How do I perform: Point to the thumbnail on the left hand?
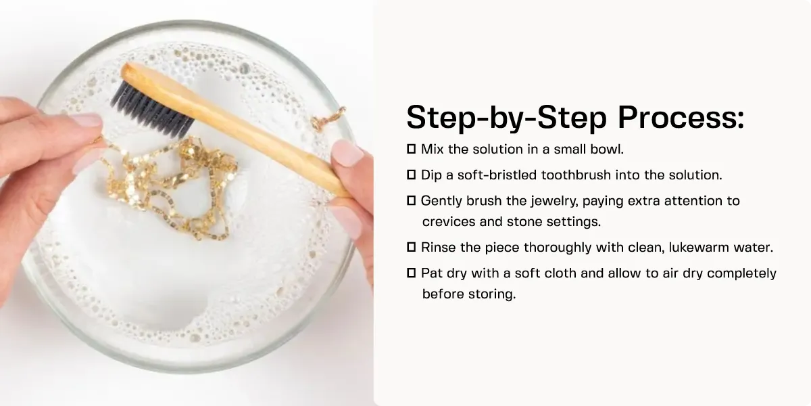(87, 121)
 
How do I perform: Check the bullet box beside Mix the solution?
(411, 148)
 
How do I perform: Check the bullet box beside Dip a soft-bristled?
(411, 175)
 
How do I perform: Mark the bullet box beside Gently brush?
(411, 201)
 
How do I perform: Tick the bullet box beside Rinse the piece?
(411, 248)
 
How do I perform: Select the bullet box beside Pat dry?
(411, 274)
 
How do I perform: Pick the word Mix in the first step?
(433, 148)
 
